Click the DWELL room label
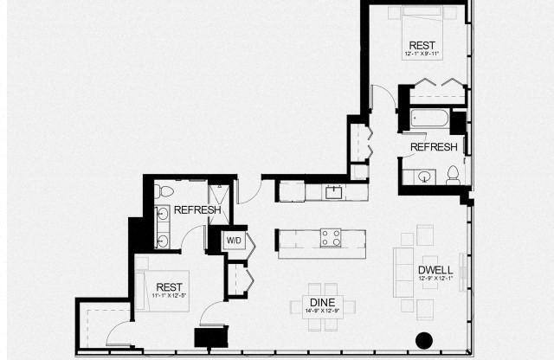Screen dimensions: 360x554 pos(435,269)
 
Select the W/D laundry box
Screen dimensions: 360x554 pos(234,240)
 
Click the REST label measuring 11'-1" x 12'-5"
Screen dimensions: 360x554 pos(168,286)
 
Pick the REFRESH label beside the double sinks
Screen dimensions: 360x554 pos(196,209)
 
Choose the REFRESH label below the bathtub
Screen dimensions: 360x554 pos(433,147)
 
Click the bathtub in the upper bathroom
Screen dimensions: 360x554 pos(428,118)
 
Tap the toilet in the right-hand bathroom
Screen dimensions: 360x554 pos(453,176)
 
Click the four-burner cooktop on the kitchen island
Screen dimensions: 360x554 pos(331,237)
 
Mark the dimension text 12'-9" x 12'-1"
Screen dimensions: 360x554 pos(435,279)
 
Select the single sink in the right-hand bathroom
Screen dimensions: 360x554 pos(424,177)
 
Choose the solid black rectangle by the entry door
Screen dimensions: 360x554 pos(211,337)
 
